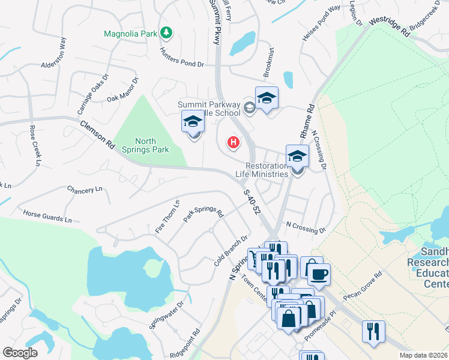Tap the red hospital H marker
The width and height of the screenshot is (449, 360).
pos(233,143)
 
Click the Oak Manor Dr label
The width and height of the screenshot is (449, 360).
pos(122,89)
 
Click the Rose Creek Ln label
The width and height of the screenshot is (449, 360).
pos(35,146)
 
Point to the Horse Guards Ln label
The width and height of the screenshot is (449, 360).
pos(47,215)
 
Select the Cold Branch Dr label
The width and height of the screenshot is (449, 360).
pos(231,251)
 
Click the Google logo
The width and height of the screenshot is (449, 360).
pos(20,353)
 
